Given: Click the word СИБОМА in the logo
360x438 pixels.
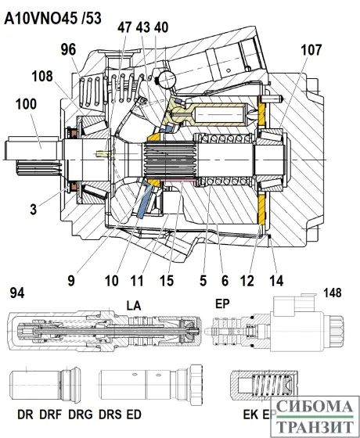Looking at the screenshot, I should pos(315,407).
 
